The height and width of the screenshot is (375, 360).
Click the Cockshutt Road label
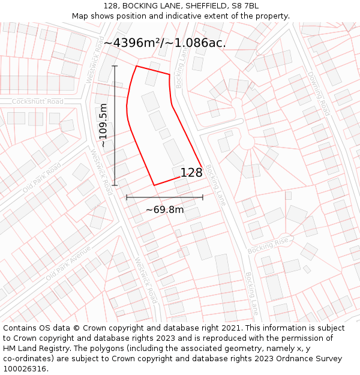coord(37,101)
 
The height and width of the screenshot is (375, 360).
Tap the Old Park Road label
coord(42,178)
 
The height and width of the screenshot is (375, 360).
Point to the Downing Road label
coord(319,94)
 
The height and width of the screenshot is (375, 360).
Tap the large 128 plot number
coord(191,173)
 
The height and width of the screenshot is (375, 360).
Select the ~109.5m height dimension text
coord(103,125)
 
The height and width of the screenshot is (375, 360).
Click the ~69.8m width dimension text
coord(164,210)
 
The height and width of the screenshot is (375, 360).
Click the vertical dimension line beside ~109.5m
coord(115,125)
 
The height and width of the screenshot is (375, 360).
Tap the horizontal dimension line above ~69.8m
coord(164,197)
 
